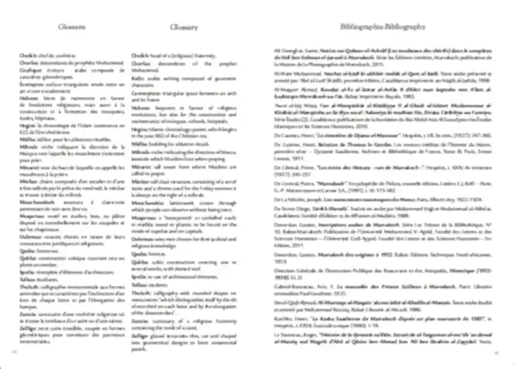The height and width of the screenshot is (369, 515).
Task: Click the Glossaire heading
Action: (67, 27)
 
